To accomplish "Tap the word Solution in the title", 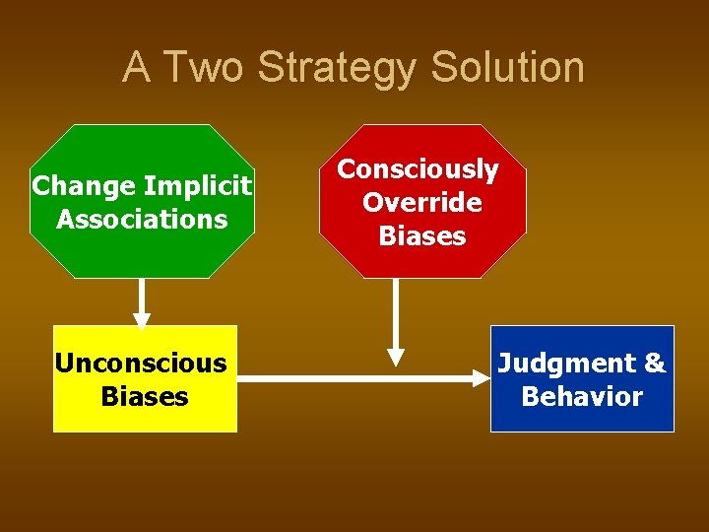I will pos(508,67).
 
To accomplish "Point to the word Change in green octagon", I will pos(84,185).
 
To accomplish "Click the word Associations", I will pos(142,219).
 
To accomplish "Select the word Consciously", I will pos(419,169).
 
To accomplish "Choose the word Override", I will pos(422,203).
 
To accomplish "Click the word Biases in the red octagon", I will pos(422,236).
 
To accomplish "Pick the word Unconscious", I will pos(141,364).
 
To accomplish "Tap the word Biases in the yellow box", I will pos(145,397).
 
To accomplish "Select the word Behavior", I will pos(582,397).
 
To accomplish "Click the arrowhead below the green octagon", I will pos(142,318).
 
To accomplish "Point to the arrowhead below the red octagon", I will pos(396,356).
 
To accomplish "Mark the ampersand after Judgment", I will pos(654,364).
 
